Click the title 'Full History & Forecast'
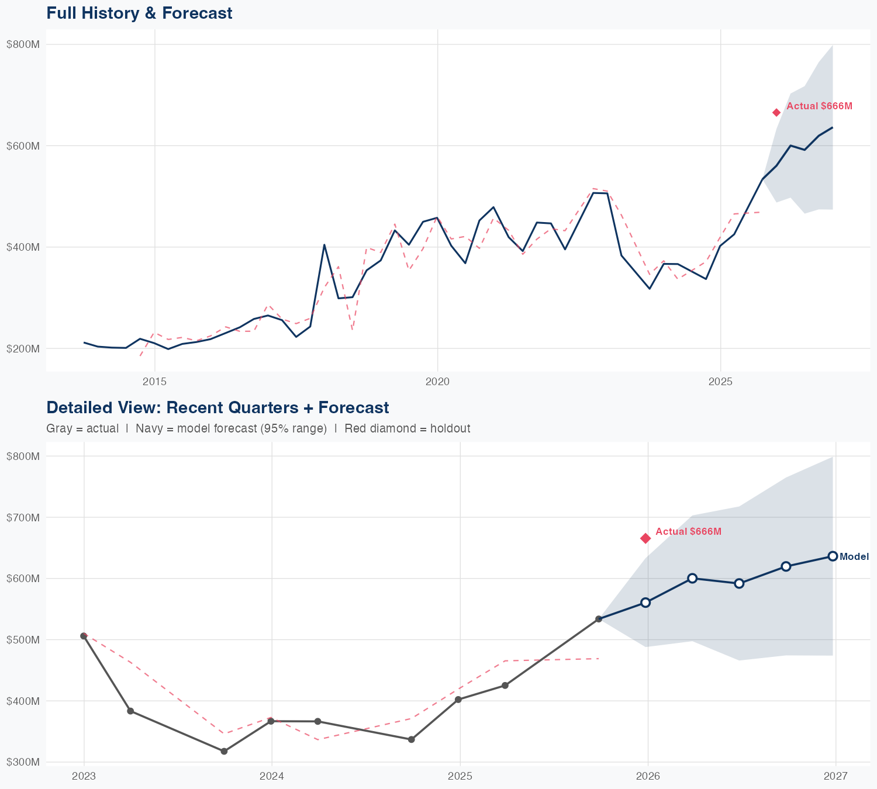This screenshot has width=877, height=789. coord(139,13)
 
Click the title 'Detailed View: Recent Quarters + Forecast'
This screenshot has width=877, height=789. coord(217,407)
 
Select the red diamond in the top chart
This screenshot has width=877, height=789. coord(776,112)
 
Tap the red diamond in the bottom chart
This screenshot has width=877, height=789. coord(645,538)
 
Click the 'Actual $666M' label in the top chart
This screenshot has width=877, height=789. coord(819,106)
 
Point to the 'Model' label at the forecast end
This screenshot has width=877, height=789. coord(854,557)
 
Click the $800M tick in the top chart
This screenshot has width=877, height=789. coord(23,44)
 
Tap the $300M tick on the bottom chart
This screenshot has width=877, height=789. coord(23,762)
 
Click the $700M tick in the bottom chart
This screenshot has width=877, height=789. coord(23,517)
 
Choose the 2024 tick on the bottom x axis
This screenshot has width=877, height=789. coord(272,776)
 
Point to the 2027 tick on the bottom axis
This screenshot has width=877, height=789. coord(835,776)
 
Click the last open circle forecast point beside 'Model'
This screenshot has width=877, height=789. coord(833,556)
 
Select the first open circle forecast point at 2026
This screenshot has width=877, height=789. coord(645,603)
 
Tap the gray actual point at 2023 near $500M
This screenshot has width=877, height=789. coord(84,636)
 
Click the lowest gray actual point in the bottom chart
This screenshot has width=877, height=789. coord(224,751)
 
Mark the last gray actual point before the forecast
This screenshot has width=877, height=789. coord(599,619)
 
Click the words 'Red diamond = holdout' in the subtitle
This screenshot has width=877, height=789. coord(407,428)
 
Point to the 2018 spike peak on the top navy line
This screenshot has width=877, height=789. coord(324,245)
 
